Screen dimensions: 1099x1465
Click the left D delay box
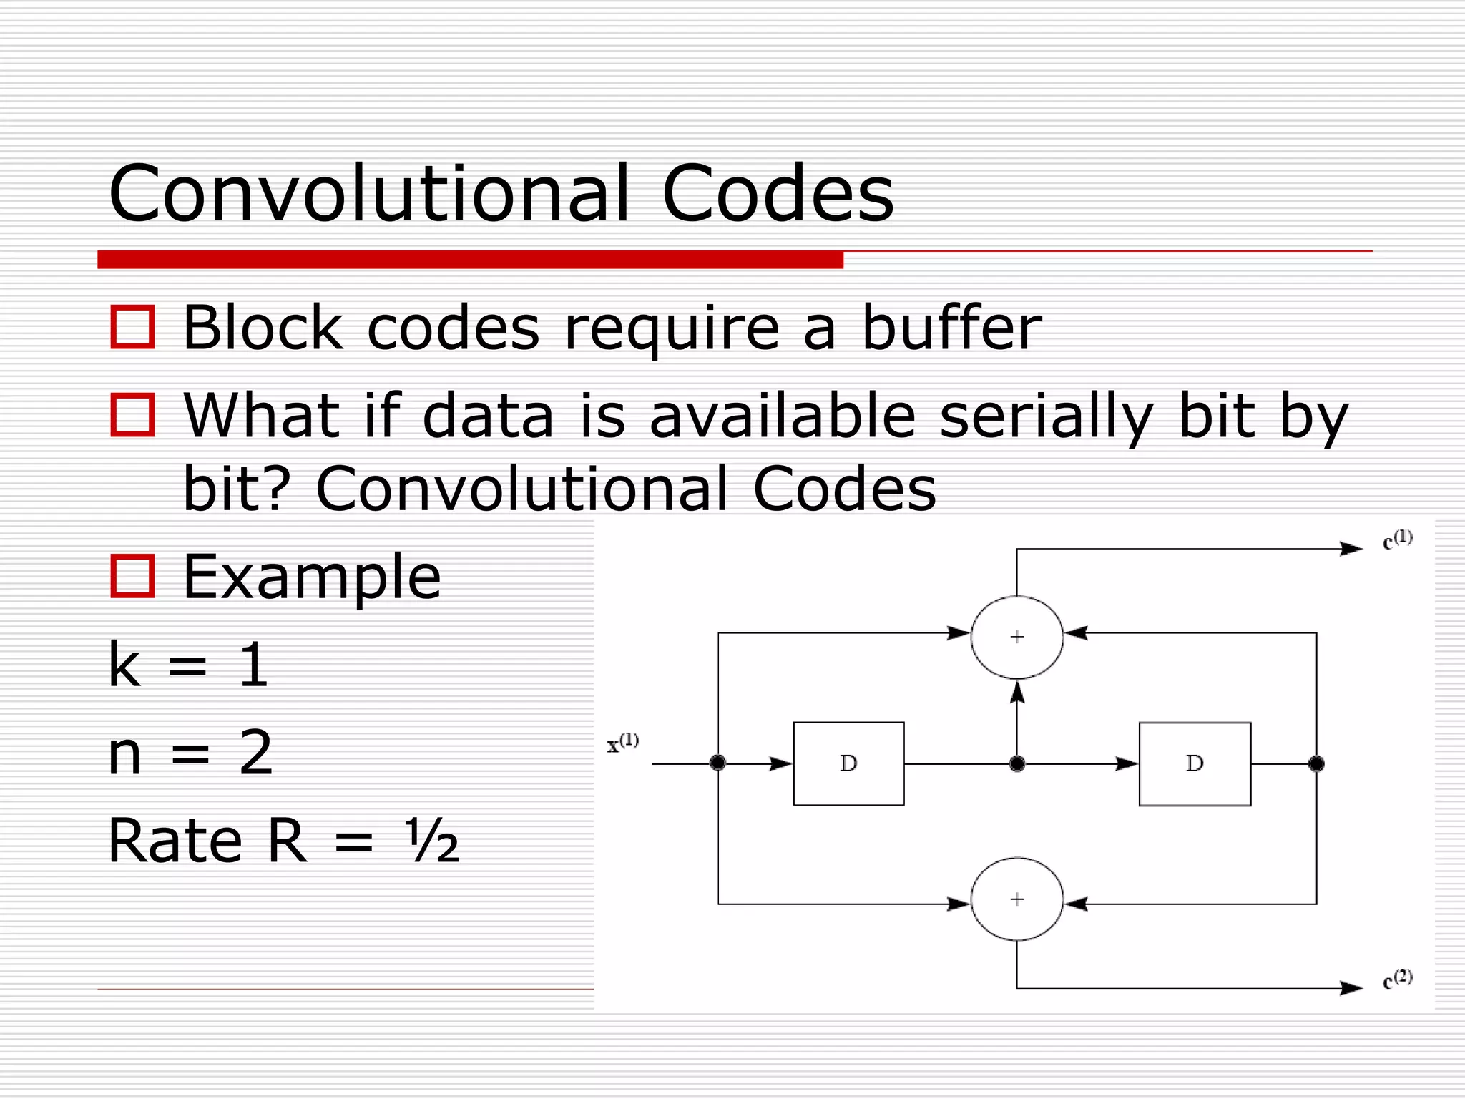[x=848, y=763]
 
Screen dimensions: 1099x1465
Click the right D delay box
[x=1195, y=763]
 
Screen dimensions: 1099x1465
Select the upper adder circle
[x=1016, y=637]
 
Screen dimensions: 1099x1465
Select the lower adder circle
[x=1016, y=899]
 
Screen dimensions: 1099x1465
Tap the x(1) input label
[x=622, y=743]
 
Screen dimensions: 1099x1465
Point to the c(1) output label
[x=1397, y=540]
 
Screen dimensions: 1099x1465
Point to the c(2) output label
[x=1397, y=980]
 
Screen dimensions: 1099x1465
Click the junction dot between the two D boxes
[x=1016, y=764]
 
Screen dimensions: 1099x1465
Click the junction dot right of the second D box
[x=1316, y=764]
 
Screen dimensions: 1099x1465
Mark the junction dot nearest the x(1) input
[x=718, y=763]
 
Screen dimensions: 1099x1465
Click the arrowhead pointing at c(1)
[x=1351, y=549]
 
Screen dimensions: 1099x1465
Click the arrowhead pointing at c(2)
[x=1351, y=988]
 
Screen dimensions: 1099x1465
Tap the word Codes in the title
[x=778, y=193]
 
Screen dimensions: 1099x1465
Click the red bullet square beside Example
[x=132, y=576]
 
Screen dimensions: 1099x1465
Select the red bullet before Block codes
[x=132, y=327]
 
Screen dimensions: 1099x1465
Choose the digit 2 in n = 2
[x=256, y=753]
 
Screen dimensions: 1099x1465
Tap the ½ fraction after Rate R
[x=431, y=841]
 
